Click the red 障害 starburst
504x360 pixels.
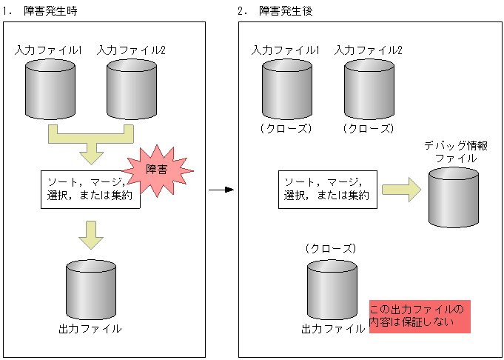(157, 171)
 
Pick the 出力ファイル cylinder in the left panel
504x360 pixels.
(90, 289)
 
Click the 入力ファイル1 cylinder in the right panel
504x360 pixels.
(287, 87)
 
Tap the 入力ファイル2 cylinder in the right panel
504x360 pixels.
(369, 87)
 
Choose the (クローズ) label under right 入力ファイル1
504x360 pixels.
(287, 127)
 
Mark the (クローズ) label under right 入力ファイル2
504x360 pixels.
(369, 127)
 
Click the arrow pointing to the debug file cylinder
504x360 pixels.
(400, 190)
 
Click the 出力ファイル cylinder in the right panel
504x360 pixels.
(332, 289)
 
